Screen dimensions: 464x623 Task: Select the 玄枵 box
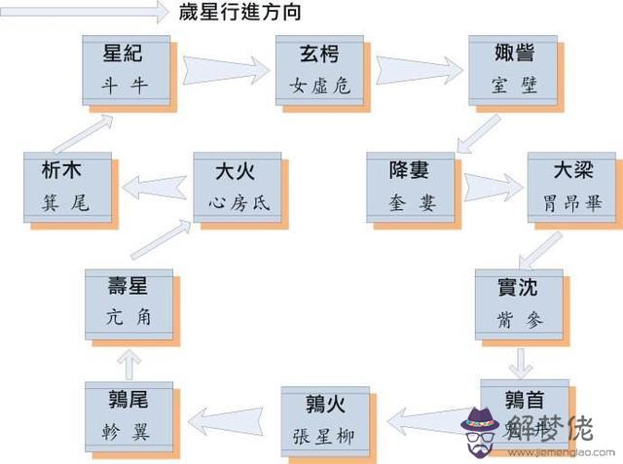click(318, 68)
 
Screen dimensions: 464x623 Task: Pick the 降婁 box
click(411, 185)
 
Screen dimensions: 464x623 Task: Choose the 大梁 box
click(570, 185)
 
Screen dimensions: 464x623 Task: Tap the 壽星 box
click(128, 303)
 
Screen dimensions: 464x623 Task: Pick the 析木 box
click(67, 185)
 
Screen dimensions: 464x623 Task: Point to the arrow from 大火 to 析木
click(153, 182)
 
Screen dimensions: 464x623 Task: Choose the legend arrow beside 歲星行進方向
click(86, 12)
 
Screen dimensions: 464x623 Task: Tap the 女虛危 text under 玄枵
click(318, 85)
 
